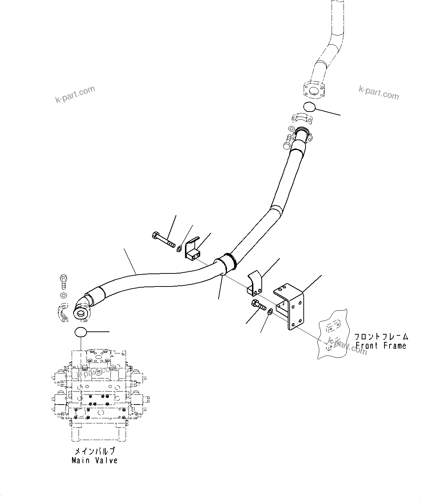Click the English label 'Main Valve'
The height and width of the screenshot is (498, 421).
coord(94,460)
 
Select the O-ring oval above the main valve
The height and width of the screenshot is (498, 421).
coord(81,331)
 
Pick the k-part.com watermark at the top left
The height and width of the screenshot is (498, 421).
coord(75,94)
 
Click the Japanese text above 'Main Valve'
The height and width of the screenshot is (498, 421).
coord(94,451)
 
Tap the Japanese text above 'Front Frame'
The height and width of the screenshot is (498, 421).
coord(381,336)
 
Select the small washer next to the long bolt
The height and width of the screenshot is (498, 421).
coord(178,248)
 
